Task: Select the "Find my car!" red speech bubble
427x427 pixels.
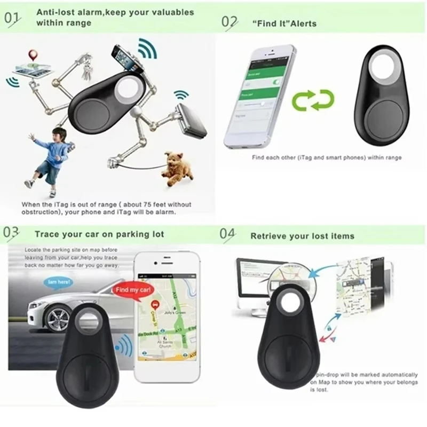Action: [130, 290]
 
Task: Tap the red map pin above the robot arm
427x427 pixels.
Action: [33, 55]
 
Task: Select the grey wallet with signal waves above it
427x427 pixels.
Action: [191, 118]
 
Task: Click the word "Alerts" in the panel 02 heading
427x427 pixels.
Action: [303, 23]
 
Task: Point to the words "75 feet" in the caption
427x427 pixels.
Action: [141, 204]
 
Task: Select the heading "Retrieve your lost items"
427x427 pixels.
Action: [302, 235]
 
